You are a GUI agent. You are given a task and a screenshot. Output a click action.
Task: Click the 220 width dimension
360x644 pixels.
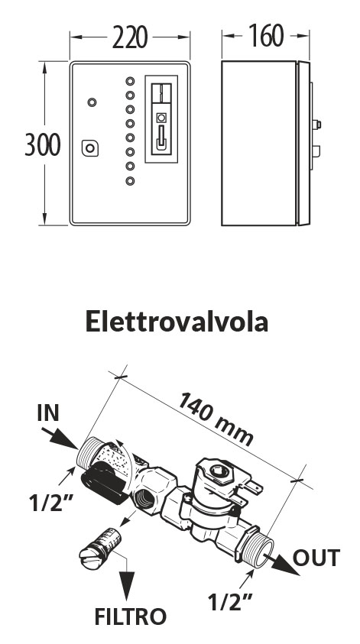click(130, 37)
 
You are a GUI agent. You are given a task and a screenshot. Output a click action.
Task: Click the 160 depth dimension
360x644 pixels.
click(266, 36)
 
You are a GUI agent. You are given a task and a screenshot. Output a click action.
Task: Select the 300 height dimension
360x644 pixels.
click(43, 144)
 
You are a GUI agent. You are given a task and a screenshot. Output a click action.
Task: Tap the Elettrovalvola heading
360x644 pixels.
click(177, 321)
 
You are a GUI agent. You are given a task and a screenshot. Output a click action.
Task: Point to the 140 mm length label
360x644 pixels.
click(216, 419)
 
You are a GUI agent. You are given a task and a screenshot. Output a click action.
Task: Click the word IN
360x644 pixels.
click(48, 413)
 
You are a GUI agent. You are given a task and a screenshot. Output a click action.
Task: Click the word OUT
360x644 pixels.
click(316, 558)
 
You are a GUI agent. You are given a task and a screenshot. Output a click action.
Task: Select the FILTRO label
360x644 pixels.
click(130, 616)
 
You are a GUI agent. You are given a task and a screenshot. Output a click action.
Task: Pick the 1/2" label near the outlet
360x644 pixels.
click(229, 602)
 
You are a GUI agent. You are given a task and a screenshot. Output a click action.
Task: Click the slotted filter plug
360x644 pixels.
click(99, 549)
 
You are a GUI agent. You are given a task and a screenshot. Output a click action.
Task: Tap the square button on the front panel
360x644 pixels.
click(90, 148)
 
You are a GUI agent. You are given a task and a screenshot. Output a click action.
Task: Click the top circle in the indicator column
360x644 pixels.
click(130, 81)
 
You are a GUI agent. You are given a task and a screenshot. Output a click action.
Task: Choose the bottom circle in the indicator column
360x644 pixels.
click(130, 180)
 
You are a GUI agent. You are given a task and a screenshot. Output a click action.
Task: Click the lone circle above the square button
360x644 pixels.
click(92, 102)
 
